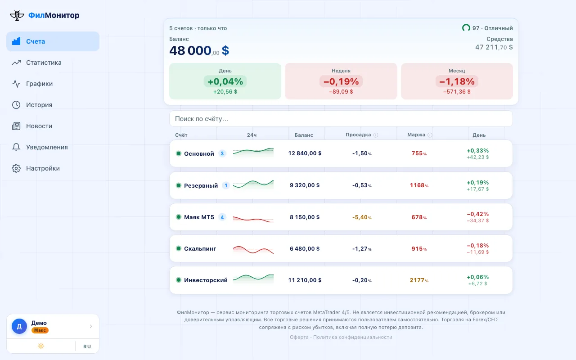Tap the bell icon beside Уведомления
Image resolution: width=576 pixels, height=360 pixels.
pyautogui.click(x=16, y=147)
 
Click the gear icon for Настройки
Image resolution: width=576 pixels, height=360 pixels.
pyautogui.click(x=16, y=168)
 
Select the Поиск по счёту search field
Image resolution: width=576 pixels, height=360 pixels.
pyautogui.click(x=341, y=118)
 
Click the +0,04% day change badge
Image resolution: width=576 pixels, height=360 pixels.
pyautogui.click(x=225, y=81)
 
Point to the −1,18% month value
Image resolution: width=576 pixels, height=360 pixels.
pyautogui.click(x=457, y=81)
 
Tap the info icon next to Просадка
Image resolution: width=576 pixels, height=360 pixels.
pyautogui.click(x=376, y=135)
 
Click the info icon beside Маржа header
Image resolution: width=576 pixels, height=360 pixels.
pyautogui.click(x=430, y=135)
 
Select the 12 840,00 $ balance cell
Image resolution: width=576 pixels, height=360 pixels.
pyautogui.click(x=305, y=153)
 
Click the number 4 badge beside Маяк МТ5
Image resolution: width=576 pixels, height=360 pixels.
pyautogui.click(x=222, y=217)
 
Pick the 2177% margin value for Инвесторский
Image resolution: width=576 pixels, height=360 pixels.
pyautogui.click(x=419, y=280)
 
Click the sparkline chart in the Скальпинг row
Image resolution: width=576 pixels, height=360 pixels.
pyautogui.click(x=253, y=249)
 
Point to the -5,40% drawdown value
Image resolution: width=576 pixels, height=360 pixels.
pyautogui.click(x=362, y=217)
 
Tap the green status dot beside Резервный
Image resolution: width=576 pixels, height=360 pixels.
pyautogui.click(x=179, y=185)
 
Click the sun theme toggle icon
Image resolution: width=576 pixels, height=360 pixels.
pyautogui.click(x=41, y=346)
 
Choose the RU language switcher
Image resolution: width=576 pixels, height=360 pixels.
pyautogui.click(x=87, y=346)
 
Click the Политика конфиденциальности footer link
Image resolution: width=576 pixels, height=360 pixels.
pyautogui.click(x=352, y=337)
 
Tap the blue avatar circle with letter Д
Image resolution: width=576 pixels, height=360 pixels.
pyautogui.click(x=19, y=326)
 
